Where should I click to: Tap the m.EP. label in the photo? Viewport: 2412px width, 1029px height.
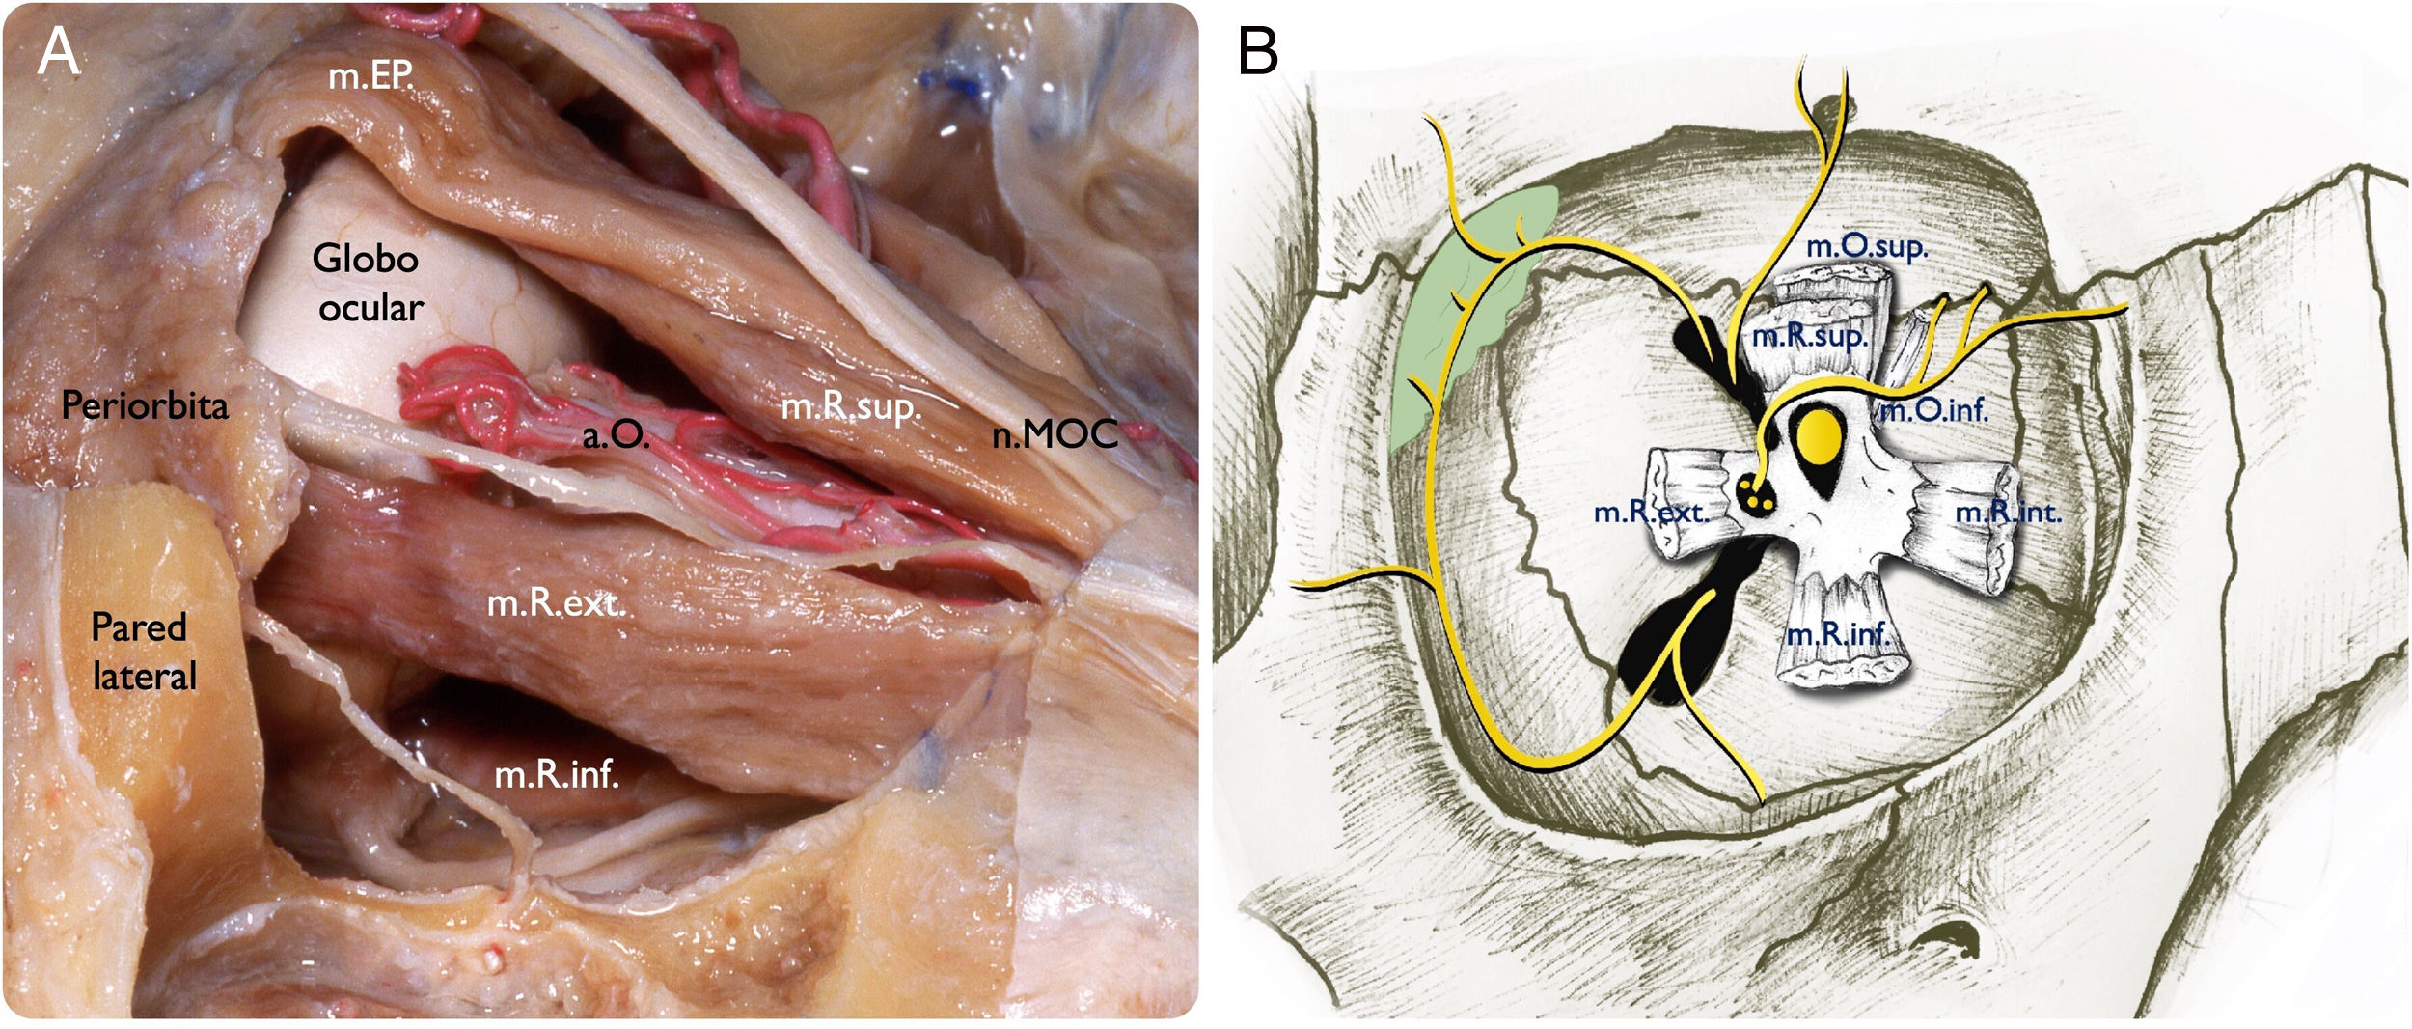pos(370,75)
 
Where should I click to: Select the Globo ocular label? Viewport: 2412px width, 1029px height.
pos(368,283)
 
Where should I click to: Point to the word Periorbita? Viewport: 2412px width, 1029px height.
pos(145,405)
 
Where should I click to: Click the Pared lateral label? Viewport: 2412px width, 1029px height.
pos(142,652)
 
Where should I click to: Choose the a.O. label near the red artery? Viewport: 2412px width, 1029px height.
pos(616,436)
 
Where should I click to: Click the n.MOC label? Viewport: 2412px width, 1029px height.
pos(1055,435)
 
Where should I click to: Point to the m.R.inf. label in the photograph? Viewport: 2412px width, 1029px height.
pos(557,774)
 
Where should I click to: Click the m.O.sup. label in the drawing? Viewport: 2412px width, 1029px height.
pos(1866,247)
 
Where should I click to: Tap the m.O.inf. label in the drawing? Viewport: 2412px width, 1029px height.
pos(1934,411)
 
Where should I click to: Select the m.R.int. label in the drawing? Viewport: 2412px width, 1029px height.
pos(2008,512)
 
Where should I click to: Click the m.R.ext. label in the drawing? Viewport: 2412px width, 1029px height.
pos(1651,512)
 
